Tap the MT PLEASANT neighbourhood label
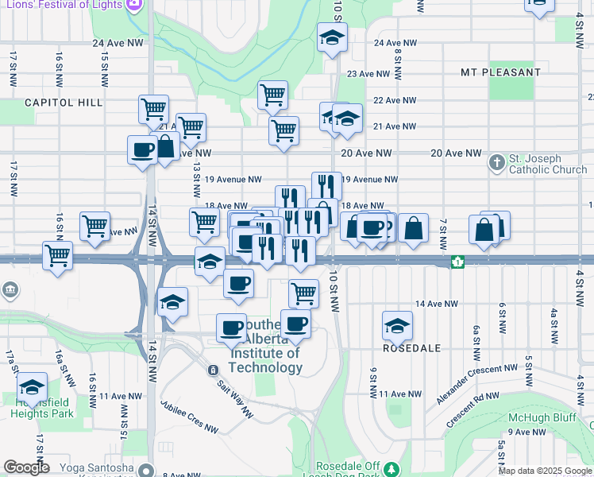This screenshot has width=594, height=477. [500, 72]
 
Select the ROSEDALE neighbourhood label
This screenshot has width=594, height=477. [411, 348]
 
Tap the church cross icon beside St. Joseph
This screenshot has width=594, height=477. [497, 162]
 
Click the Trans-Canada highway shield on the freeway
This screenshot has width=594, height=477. [457, 262]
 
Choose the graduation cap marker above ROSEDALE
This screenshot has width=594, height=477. [397, 324]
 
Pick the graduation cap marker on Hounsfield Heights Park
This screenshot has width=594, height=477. [33, 386]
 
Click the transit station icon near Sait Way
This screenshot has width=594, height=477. [213, 370]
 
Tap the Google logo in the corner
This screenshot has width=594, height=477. [26, 467]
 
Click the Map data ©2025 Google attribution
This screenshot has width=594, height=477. [544, 471]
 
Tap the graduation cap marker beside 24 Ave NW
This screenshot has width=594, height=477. [332, 37]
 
